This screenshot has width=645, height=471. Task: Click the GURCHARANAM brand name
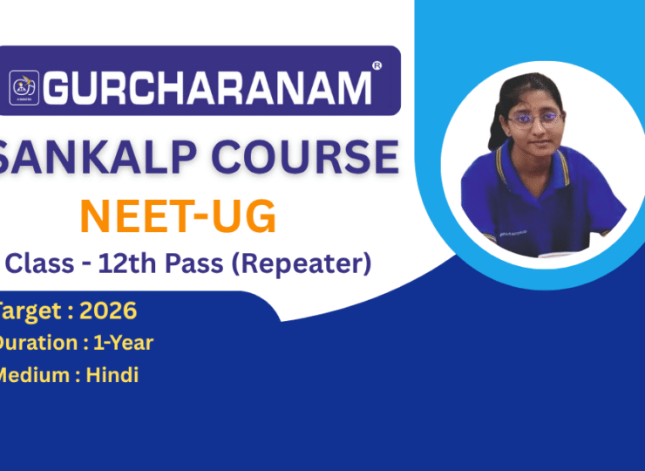[x=207, y=88]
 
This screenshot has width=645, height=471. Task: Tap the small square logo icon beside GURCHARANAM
[x=24, y=87]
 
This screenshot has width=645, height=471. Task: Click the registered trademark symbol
[x=377, y=65]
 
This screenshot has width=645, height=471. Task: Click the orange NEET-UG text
[x=178, y=216]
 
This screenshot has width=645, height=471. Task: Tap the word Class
[x=40, y=263]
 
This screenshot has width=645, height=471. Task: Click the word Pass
[x=194, y=263]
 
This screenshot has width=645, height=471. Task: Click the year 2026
[x=108, y=311]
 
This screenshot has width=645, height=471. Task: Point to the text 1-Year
[x=124, y=343]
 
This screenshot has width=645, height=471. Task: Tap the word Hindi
[x=112, y=375]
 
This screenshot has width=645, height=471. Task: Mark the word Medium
[x=34, y=375]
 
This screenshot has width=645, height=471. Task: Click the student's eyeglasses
[x=535, y=119]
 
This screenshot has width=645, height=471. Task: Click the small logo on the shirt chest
[x=513, y=234]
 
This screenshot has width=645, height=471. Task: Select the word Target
[x=31, y=311]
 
